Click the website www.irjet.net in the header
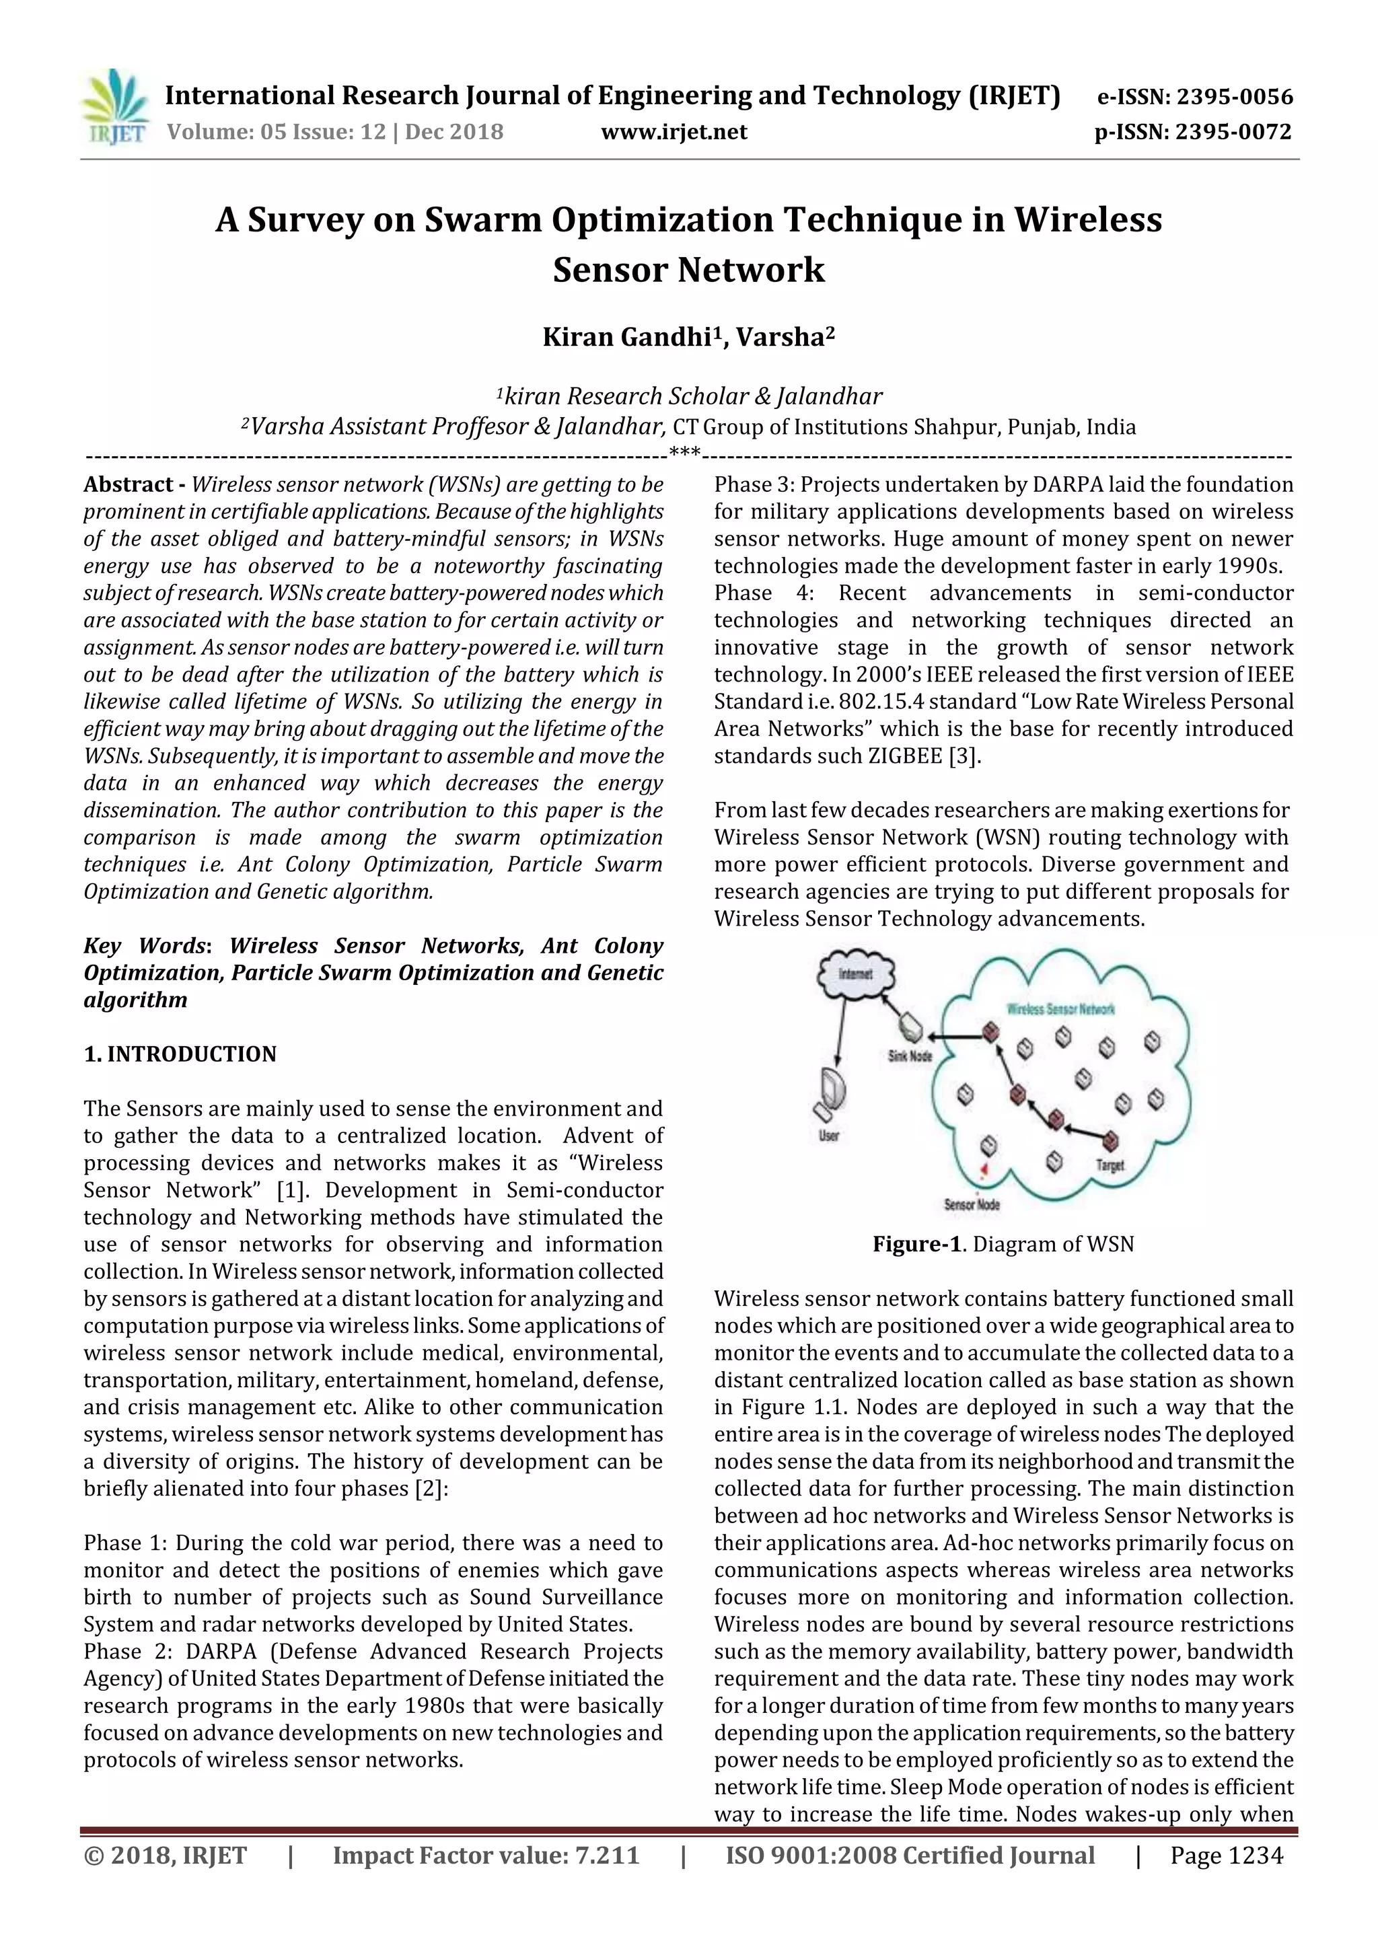tap(674, 133)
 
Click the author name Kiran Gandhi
tap(626, 337)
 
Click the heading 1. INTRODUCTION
tap(180, 1054)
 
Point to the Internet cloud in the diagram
tap(856, 974)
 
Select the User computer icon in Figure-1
tap(830, 1094)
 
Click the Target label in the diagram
tap(1110, 1167)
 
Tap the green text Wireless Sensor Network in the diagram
tap(1060, 1008)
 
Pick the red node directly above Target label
tap(1110, 1140)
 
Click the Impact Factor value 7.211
tap(606, 1855)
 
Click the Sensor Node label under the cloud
tap(972, 1204)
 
